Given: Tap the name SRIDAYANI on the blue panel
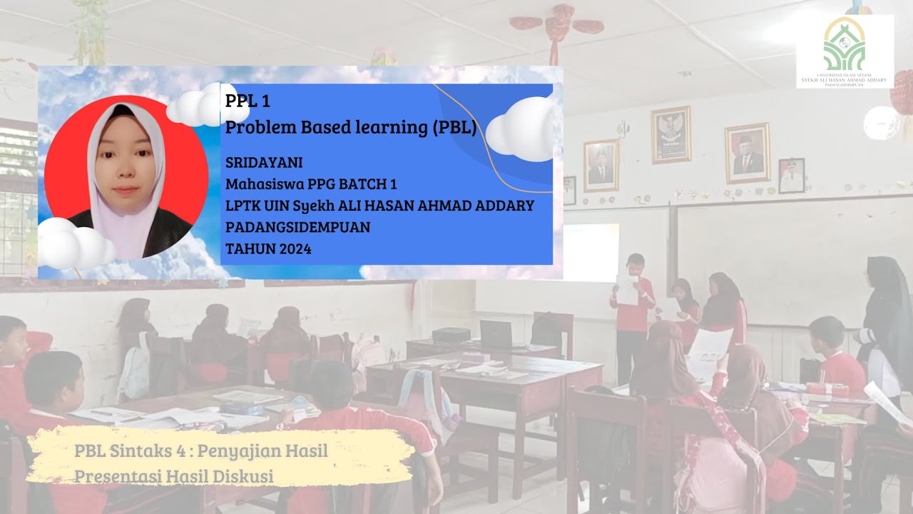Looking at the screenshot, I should point(264,163).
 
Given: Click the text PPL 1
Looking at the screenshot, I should point(248,101).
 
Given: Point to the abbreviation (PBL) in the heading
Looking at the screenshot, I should point(454,128).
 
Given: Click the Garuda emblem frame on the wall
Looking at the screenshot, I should point(670,134).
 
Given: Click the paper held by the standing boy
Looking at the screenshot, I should point(627,289).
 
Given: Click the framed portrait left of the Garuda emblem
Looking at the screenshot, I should point(601,166).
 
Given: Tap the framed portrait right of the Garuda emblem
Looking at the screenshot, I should point(747,153).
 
